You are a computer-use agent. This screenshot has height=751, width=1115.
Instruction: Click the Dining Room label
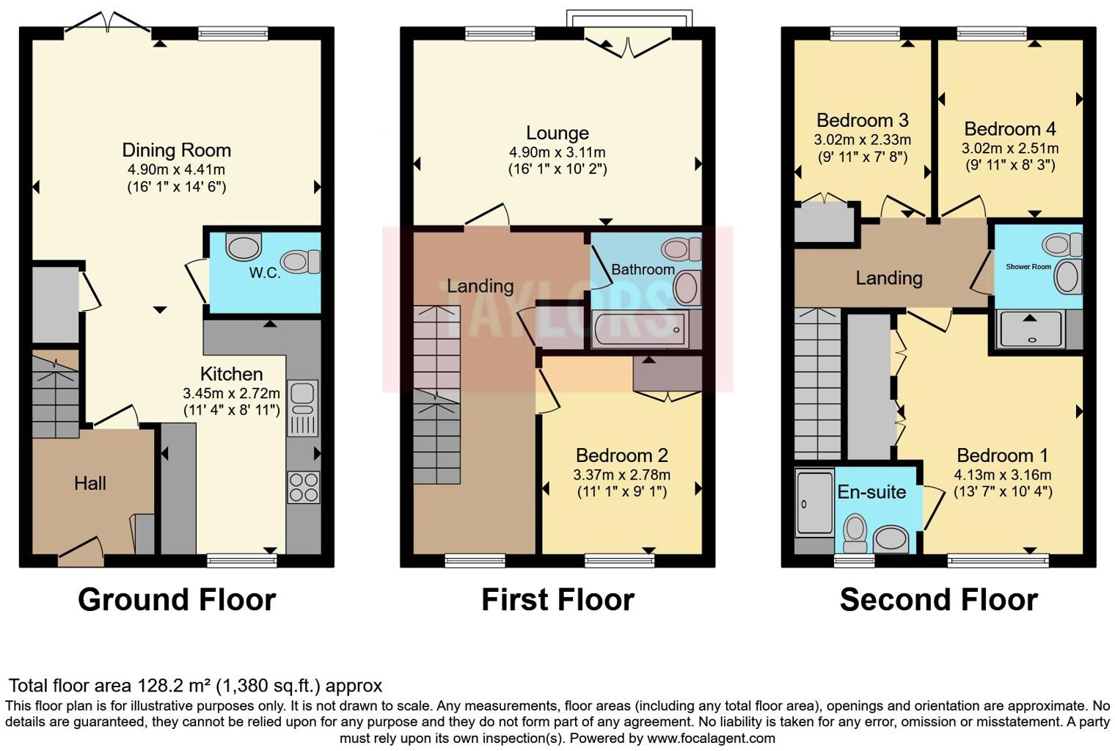(x=176, y=150)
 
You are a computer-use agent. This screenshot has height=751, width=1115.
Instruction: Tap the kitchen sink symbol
(x=302, y=408)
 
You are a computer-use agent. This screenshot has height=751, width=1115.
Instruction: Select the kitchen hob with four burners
(x=303, y=487)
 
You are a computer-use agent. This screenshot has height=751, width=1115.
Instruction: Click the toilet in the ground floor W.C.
(x=301, y=261)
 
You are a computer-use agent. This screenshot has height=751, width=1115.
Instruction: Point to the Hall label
(x=89, y=483)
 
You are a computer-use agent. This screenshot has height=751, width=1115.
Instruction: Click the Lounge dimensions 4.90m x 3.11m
(x=557, y=153)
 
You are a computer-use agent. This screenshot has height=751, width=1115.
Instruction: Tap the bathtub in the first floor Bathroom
(x=639, y=329)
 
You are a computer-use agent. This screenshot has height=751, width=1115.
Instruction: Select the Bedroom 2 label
(x=621, y=455)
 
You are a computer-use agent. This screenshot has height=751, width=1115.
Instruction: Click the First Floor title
(x=557, y=600)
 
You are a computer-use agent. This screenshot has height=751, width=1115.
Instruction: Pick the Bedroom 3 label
(x=862, y=120)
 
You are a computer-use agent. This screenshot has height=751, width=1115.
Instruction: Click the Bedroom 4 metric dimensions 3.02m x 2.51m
(x=1009, y=148)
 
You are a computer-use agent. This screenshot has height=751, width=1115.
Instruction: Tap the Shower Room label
(x=1028, y=267)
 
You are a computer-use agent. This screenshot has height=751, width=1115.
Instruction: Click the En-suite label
(x=871, y=492)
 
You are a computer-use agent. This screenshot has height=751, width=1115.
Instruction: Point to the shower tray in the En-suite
(x=814, y=503)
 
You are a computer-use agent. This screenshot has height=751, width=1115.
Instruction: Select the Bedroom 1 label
(x=1002, y=455)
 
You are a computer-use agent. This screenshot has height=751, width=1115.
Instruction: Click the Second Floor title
(x=938, y=600)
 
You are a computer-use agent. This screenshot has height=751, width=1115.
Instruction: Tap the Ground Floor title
(x=177, y=600)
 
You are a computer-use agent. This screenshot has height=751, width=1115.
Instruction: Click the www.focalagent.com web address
(x=710, y=739)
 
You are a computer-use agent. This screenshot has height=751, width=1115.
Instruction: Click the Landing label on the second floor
(x=888, y=278)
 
